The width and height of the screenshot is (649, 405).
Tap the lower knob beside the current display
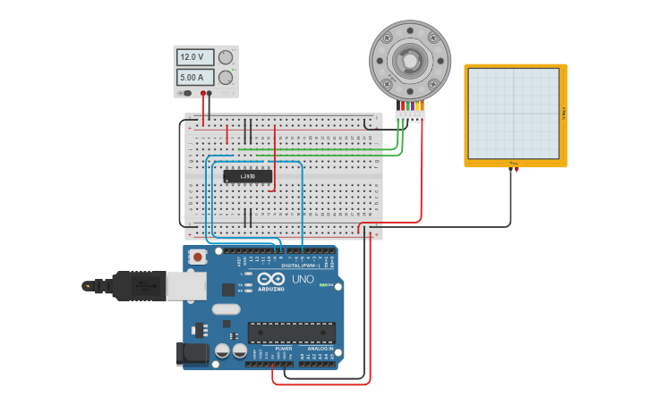(226, 78)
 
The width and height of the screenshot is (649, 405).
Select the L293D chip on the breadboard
(248, 176)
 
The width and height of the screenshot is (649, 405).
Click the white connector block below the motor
(410, 116)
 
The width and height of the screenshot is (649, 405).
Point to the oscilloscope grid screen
(514, 114)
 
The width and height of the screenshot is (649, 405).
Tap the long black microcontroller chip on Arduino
(292, 333)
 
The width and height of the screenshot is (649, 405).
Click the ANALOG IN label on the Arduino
(318, 349)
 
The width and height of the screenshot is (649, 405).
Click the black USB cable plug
(134, 286)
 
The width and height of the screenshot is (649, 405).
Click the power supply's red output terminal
(205, 93)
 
